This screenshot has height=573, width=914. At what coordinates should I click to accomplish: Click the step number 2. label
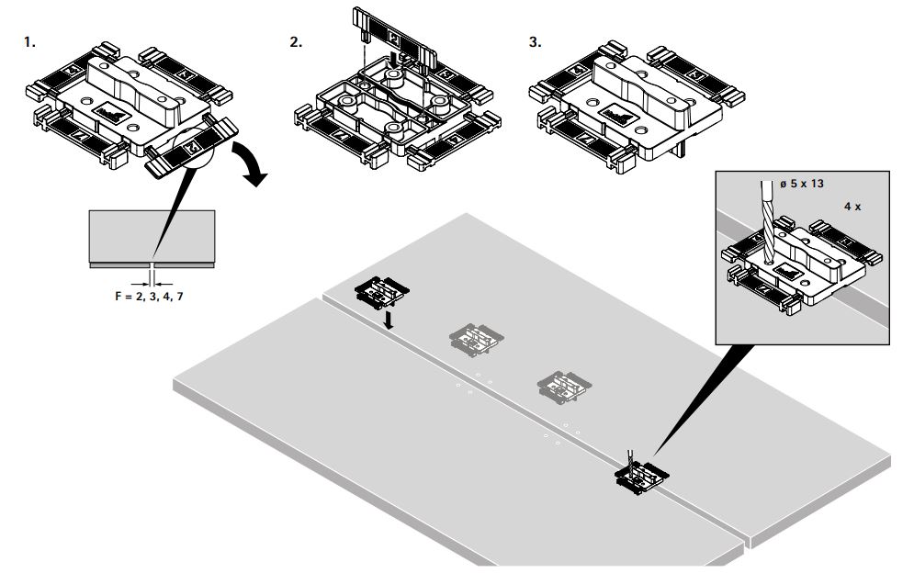coord(296,42)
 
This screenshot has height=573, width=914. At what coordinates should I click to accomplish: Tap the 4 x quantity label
coord(852,208)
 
